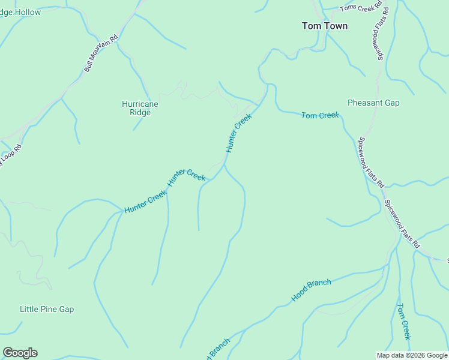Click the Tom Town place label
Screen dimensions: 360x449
click(324, 26)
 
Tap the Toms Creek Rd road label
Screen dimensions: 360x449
click(361, 7)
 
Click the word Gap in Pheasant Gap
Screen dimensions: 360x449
click(391, 103)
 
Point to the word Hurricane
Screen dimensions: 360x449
click(140, 104)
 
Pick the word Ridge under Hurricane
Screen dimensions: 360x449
click(140, 112)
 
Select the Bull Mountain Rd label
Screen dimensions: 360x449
click(101, 52)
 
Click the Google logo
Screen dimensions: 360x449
click(20, 353)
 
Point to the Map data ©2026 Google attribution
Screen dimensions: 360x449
click(412, 355)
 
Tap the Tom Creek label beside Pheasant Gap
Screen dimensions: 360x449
click(320, 115)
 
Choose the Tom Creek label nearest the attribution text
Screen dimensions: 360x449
click(403, 322)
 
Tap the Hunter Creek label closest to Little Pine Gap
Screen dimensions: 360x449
click(145, 202)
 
